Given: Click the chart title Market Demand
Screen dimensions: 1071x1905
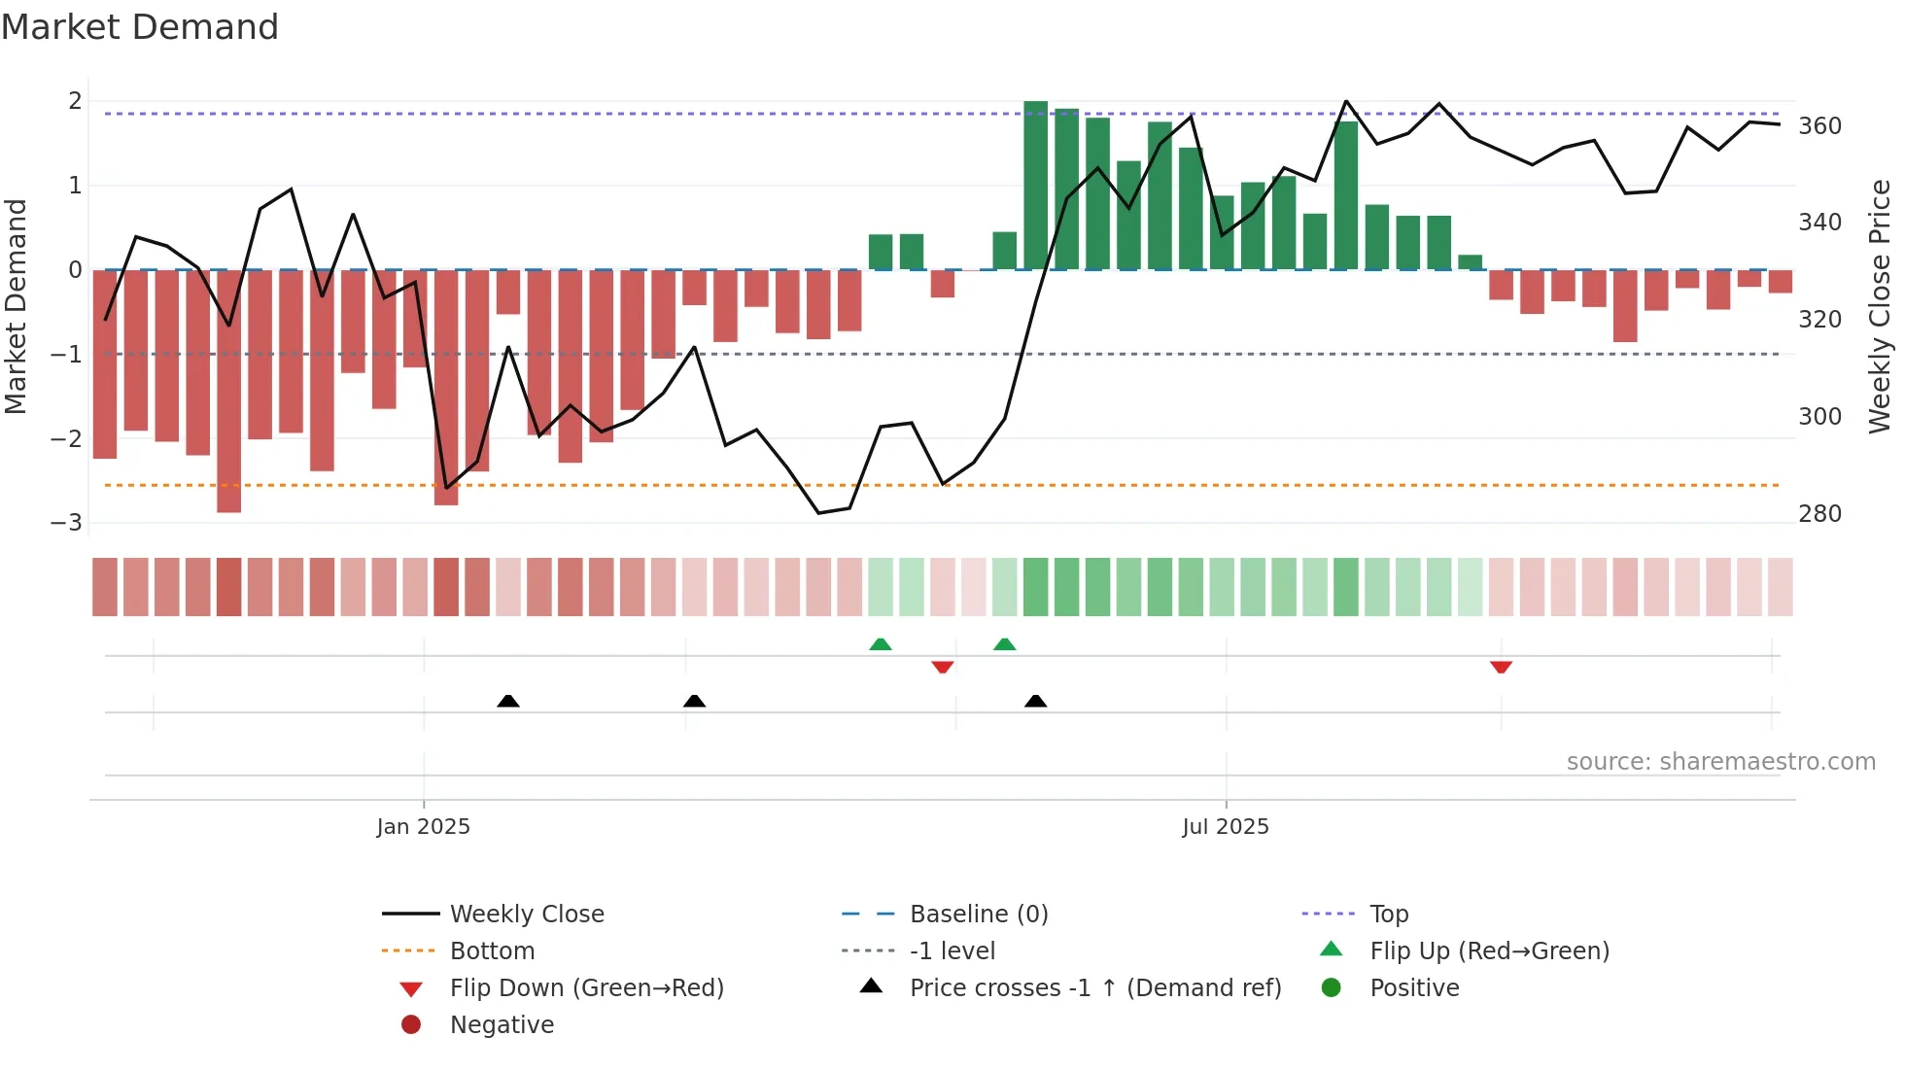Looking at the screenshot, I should (140, 27).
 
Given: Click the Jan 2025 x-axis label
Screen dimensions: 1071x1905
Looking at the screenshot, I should (423, 827).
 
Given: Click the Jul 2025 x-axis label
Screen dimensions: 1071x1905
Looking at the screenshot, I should (1226, 827).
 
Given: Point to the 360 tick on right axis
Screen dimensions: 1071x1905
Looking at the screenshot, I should (1819, 126).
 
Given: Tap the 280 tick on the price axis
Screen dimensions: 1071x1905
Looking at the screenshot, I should (1819, 514).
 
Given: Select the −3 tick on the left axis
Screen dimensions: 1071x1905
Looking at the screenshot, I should (67, 523).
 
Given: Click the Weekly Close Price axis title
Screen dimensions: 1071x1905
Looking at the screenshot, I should (1880, 306).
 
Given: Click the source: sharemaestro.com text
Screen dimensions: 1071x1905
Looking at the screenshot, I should (1720, 762).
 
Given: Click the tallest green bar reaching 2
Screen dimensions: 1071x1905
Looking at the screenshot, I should (1035, 185).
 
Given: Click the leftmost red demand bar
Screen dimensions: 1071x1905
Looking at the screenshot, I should (105, 363).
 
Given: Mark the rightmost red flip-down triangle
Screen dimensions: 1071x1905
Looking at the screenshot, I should (1501, 667).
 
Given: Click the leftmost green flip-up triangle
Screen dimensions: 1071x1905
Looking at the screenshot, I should (880, 644).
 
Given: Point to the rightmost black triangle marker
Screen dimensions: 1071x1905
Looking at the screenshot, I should (1036, 701).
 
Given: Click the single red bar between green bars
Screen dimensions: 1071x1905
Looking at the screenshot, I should (942, 284).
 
